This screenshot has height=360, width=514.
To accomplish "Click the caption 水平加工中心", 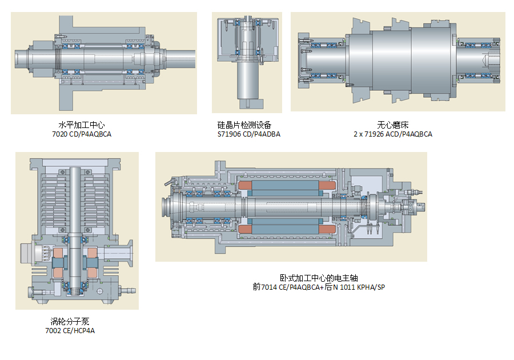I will click(82, 125).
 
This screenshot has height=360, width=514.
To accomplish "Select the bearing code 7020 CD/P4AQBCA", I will click(82, 134).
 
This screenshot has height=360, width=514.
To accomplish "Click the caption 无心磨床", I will click(393, 125).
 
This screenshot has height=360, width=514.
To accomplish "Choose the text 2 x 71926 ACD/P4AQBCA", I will click(393, 134).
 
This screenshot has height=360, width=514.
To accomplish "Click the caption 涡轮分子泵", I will click(70, 321).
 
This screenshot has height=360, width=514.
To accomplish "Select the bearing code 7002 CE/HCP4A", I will click(70, 331).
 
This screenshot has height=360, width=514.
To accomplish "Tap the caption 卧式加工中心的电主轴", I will click(319, 277).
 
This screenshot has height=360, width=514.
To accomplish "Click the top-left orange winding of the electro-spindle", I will click(248, 186).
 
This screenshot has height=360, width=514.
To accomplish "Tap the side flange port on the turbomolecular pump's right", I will click(126, 251).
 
